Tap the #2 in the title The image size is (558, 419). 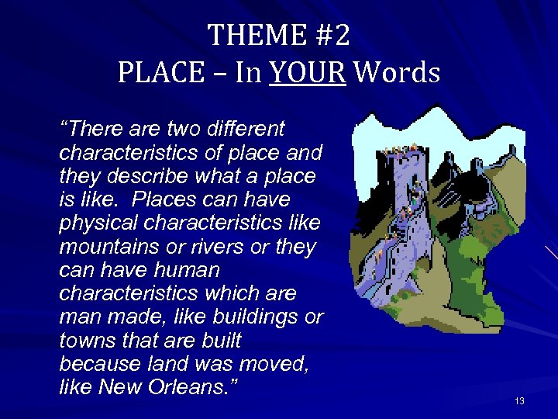tap(332, 35)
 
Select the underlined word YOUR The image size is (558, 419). tap(308, 73)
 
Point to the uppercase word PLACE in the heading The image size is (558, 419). tap(157, 73)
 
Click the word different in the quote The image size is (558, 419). tap(248, 128)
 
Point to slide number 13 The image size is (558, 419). tap(519, 401)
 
